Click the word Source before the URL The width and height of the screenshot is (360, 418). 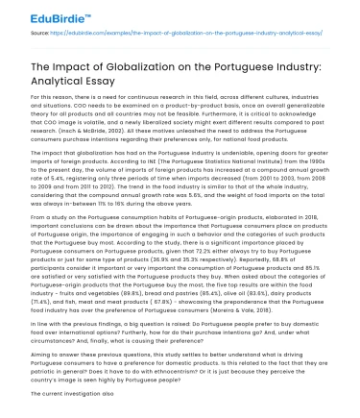(41, 35)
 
